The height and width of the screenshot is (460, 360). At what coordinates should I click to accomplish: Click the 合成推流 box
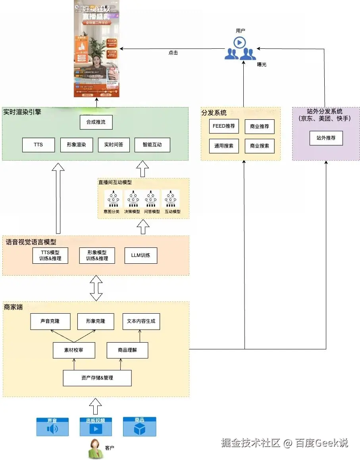(x=96, y=122)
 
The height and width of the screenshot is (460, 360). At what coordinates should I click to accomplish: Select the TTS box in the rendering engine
(x=38, y=145)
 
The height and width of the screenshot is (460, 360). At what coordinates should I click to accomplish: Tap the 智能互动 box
(x=152, y=145)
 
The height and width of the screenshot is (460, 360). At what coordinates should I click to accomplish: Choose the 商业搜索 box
(x=259, y=146)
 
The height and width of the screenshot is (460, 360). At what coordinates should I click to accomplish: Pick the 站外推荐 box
(x=326, y=138)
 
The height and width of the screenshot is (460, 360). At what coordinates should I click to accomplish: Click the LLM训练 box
(x=141, y=255)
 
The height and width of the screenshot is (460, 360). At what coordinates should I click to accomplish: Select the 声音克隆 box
(x=50, y=322)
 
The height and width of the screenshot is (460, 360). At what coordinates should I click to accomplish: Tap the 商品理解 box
(x=127, y=350)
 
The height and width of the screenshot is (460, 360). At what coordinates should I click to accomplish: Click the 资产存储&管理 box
(x=97, y=378)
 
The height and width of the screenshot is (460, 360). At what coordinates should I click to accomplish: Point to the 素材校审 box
(x=74, y=350)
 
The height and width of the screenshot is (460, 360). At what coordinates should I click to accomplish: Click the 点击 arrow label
(x=173, y=53)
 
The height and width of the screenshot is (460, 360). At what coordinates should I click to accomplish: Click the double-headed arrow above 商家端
(x=96, y=288)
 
